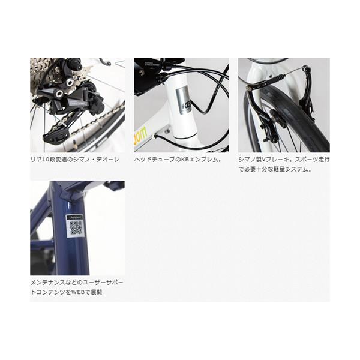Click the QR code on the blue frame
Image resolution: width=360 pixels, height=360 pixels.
pyautogui.click(x=76, y=228)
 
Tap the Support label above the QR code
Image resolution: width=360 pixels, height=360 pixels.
pyautogui.click(x=74, y=217)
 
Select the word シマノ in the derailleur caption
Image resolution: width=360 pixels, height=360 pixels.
pyautogui.click(x=82, y=160)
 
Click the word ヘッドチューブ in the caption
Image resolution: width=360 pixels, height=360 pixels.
pyautogui.click(x=152, y=160)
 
